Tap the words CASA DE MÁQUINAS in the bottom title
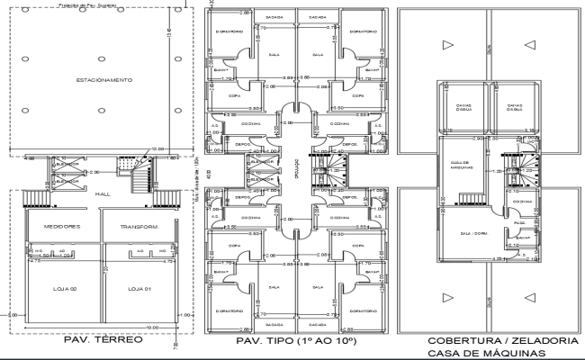coord(489,353)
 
